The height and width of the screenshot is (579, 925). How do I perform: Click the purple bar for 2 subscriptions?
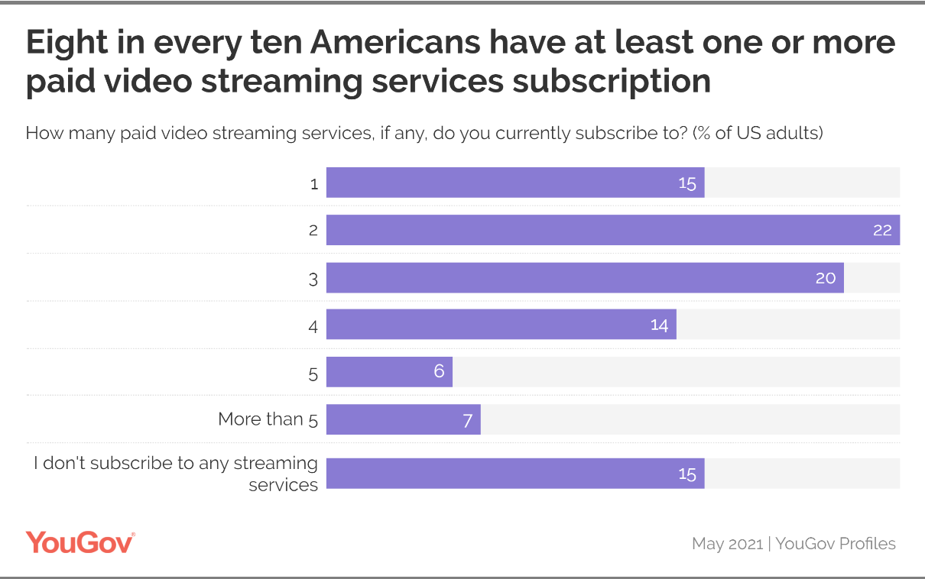click(x=612, y=230)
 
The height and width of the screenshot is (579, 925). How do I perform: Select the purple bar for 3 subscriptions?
click(x=585, y=277)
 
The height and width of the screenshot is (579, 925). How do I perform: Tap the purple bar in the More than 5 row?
click(x=403, y=419)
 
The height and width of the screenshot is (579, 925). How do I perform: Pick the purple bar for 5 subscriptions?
click(x=389, y=372)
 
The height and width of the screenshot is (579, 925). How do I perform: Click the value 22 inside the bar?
click(x=882, y=230)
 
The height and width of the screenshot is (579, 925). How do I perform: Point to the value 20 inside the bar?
click(x=826, y=278)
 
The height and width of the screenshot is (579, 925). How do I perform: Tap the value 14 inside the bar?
click(x=659, y=325)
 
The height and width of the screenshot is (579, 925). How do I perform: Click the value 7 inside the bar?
click(x=467, y=420)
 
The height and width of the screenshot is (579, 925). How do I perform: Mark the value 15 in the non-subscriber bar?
click(x=687, y=474)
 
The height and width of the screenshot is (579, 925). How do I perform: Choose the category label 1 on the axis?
click(x=313, y=183)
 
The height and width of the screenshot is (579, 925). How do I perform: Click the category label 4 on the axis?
click(x=313, y=325)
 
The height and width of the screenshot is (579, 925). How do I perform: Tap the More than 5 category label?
click(x=268, y=419)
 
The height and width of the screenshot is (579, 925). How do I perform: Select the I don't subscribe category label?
click(x=176, y=474)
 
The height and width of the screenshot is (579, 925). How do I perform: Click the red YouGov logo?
click(x=80, y=542)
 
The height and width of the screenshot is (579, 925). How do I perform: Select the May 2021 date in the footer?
click(x=727, y=544)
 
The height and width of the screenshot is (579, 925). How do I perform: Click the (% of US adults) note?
click(x=758, y=133)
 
